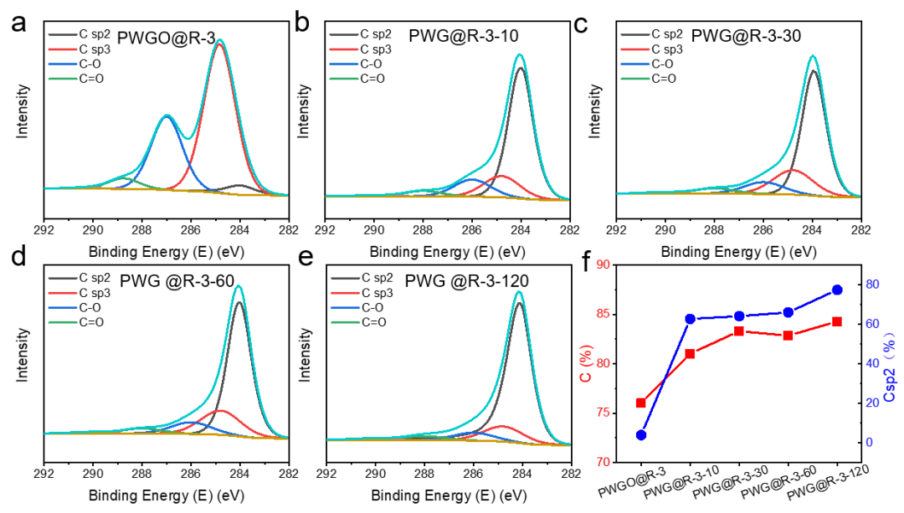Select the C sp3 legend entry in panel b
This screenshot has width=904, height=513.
(x=376, y=49)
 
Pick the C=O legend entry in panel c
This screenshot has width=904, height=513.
(x=664, y=79)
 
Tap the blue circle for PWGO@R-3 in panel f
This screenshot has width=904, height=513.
(x=641, y=435)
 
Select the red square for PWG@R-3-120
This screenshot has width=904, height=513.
(x=837, y=321)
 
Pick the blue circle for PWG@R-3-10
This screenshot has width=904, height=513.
(x=690, y=319)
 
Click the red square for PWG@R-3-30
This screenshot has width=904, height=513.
(x=739, y=331)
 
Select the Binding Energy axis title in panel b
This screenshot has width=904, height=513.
(x=447, y=228)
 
